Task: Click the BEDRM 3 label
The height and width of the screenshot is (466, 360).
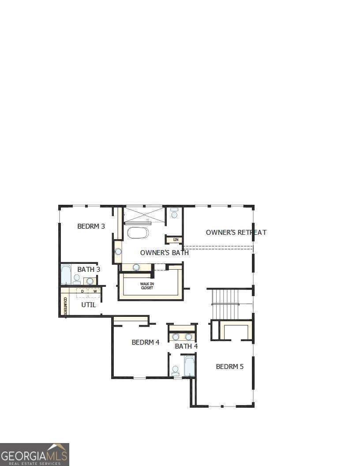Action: pyautogui.click(x=91, y=226)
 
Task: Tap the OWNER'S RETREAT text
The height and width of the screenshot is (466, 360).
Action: pyautogui.click(x=236, y=232)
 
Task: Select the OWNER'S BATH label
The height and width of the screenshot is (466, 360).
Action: pyautogui.click(x=165, y=253)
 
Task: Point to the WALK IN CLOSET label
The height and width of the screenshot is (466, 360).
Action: pyautogui.click(x=147, y=286)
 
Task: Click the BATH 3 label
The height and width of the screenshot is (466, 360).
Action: pyautogui.click(x=89, y=269)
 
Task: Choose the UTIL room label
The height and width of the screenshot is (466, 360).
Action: pyautogui.click(x=88, y=304)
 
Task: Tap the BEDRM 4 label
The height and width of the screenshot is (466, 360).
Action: pyautogui.click(x=146, y=342)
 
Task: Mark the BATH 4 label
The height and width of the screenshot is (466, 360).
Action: pyautogui.click(x=186, y=346)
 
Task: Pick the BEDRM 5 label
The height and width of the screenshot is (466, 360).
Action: pyautogui.click(x=229, y=366)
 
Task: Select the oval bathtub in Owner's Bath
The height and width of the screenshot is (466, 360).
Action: pyautogui.click(x=138, y=233)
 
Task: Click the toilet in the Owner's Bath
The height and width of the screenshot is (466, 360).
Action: pyautogui.click(x=174, y=214)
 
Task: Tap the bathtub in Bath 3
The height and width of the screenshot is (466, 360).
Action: pyautogui.click(x=66, y=275)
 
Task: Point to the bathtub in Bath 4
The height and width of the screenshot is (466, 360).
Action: pyautogui.click(x=189, y=366)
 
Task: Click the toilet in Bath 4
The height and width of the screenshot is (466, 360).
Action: pyautogui.click(x=176, y=370)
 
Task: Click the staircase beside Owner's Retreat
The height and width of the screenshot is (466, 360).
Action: pyautogui.click(x=225, y=304)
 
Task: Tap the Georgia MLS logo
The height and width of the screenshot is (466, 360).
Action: pyautogui.click(x=34, y=455)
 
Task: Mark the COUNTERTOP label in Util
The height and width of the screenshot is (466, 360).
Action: pyautogui.click(x=65, y=305)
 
